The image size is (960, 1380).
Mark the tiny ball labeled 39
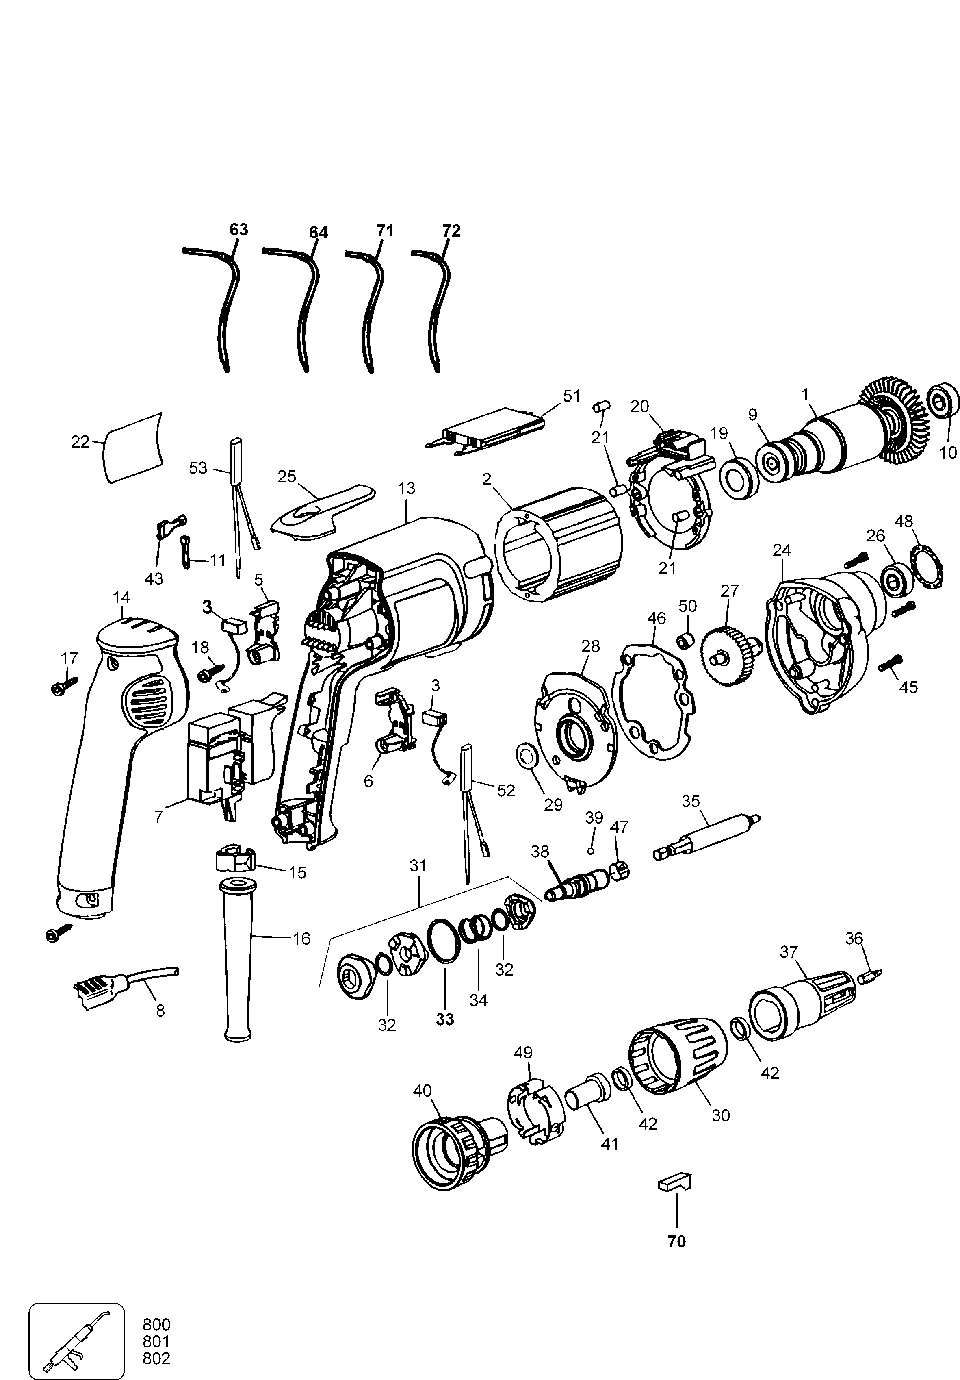(x=591, y=851)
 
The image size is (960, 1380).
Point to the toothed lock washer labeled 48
(x=927, y=566)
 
